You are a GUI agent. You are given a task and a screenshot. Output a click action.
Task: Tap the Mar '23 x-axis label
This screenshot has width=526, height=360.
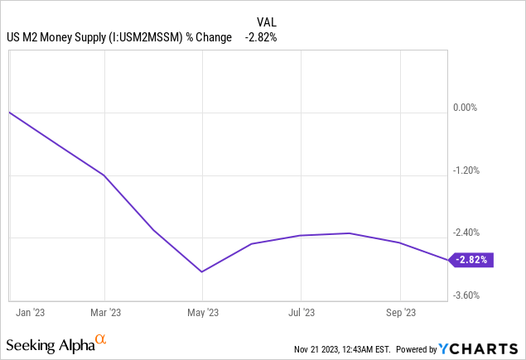[104, 312]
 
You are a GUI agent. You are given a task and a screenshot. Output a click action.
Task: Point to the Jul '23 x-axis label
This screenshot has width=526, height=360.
[302, 312]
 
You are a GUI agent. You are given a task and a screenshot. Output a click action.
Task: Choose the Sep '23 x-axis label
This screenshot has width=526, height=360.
[400, 312]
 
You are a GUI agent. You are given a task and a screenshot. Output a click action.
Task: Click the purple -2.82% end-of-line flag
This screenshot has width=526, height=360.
[472, 260]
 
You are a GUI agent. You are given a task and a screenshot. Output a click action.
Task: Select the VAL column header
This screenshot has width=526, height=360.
[263, 23]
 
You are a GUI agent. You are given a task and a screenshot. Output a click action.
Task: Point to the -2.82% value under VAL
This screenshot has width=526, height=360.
[262, 37]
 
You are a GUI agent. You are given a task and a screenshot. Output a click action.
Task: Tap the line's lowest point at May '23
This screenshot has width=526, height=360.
[201, 271]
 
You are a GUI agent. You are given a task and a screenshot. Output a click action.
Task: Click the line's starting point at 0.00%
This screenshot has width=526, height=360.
[9, 112]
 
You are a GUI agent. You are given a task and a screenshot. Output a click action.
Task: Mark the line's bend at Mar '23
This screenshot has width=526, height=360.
[104, 175]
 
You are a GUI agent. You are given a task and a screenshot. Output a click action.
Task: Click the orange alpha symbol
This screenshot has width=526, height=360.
[100, 339]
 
